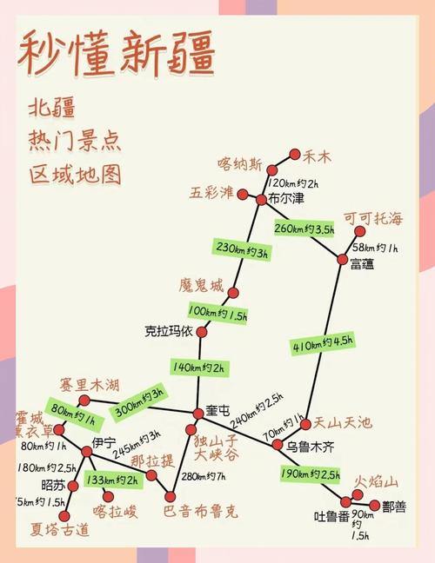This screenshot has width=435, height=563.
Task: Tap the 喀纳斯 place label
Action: pos(239,162)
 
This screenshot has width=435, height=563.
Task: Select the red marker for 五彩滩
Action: pos(243,194)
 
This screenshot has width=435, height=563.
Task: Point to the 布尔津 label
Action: pos(287,199)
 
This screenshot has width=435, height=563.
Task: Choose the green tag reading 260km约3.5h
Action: pos(304,229)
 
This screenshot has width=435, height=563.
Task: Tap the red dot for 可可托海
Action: pos(358,232)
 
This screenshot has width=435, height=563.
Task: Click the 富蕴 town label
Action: pos(363,264)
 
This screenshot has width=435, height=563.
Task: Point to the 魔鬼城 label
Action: pos(201,286)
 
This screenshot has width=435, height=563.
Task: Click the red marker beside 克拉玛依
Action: pos(203,332)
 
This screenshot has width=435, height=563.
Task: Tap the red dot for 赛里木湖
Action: pos(84,401)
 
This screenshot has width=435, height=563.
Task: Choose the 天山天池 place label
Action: pos(343,423)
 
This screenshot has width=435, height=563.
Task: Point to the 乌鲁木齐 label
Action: pos(310,446)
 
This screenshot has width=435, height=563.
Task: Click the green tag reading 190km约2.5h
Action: pos(311,474)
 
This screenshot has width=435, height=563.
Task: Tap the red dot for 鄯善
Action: pos(375,505)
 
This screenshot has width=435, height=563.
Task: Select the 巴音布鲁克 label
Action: pos(200,510)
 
